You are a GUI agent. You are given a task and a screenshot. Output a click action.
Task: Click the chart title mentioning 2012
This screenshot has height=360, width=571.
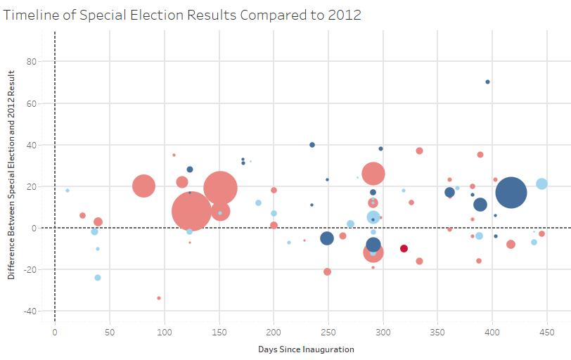tap(183, 15)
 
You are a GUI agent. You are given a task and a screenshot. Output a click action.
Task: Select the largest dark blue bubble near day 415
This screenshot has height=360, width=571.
tap(511, 193)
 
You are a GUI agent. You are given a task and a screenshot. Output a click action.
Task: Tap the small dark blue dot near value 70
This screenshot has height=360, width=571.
tap(487, 82)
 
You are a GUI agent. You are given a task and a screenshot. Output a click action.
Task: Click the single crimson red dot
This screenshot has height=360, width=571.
tap(404, 248)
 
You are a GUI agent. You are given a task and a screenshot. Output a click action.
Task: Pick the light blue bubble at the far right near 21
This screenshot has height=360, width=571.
tap(541, 184)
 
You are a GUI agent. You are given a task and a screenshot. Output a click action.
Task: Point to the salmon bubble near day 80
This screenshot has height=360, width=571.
tap(143, 186)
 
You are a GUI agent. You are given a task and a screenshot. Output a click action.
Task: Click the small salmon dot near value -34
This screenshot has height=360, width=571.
tap(159, 298)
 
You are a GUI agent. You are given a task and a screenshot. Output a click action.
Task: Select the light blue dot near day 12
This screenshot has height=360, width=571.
tap(68, 191)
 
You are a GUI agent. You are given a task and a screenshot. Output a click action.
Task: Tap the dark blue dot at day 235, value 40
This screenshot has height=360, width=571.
tap(312, 145)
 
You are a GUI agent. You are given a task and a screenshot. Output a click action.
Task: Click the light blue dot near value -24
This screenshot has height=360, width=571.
tap(98, 278)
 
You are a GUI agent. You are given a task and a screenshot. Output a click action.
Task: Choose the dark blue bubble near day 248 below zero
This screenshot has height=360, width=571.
tap(327, 238)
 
